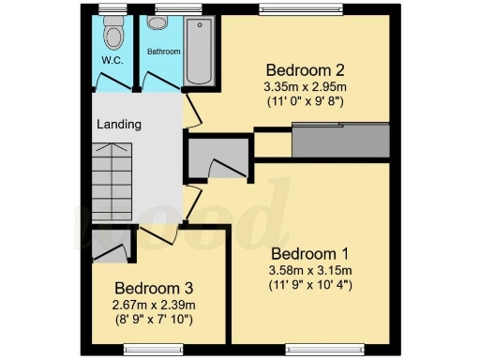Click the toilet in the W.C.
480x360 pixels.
[113, 36]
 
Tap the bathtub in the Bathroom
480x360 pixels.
[199, 52]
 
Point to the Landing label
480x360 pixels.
[119, 124]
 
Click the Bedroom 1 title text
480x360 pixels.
[309, 253]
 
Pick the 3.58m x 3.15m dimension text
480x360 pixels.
[309, 270]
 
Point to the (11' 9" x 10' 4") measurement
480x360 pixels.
[309, 284]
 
